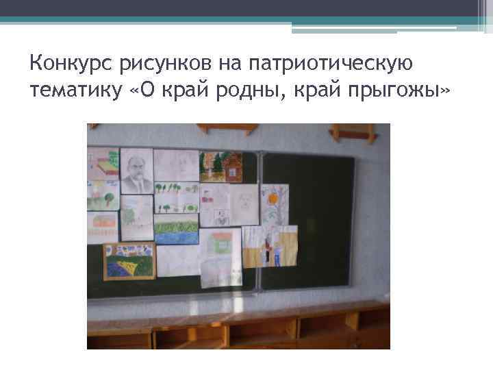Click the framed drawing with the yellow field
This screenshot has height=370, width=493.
(129, 260)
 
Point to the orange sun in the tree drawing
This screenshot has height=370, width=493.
(272, 198)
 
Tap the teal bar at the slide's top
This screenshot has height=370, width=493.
(246, 21)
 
